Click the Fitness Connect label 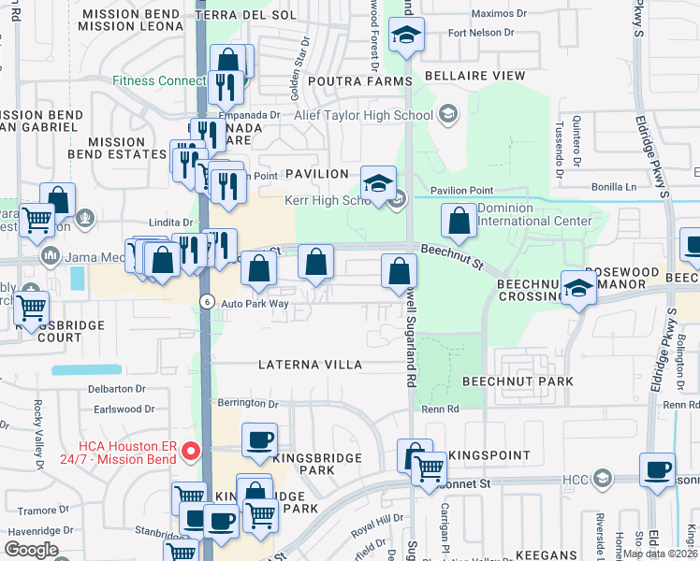coord(159,81)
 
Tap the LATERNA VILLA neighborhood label coord(318,364)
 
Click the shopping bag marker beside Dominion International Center coord(459,223)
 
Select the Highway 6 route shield coord(206,300)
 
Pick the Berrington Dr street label coord(249,403)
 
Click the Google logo coord(32,550)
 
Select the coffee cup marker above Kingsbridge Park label coord(259,439)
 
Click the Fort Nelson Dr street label coord(481,33)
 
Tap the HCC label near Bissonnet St coord(574,481)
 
